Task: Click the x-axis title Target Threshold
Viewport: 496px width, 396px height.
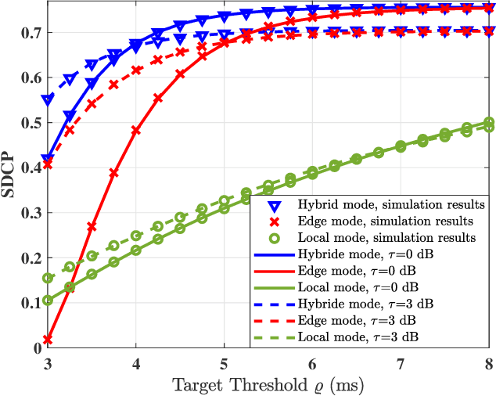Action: (x=269, y=385)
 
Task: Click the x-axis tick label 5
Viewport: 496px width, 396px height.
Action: (x=224, y=364)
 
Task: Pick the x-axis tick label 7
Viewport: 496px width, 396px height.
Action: (x=401, y=364)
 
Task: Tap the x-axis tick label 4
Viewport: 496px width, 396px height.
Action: (x=135, y=364)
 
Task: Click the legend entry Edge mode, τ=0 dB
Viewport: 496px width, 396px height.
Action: (x=360, y=270)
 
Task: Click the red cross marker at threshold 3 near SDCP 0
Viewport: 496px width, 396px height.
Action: (x=47, y=340)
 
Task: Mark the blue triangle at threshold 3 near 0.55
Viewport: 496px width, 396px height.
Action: (x=47, y=100)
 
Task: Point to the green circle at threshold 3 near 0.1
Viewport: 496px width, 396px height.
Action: (x=47, y=301)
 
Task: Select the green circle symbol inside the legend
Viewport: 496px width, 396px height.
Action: (x=273, y=236)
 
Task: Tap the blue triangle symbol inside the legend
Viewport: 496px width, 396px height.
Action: (x=273, y=205)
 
